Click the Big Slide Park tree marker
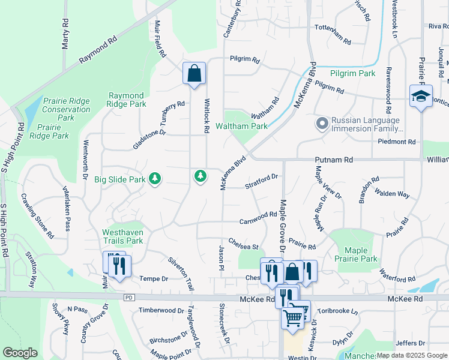[x=155, y=178]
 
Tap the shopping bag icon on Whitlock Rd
[x=194, y=74]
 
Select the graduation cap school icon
[x=421, y=95]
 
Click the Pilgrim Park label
[x=353, y=73]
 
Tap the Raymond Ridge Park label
[x=126, y=100]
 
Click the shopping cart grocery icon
[x=293, y=316]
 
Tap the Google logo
[x=20, y=353]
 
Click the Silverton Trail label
[x=181, y=274]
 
